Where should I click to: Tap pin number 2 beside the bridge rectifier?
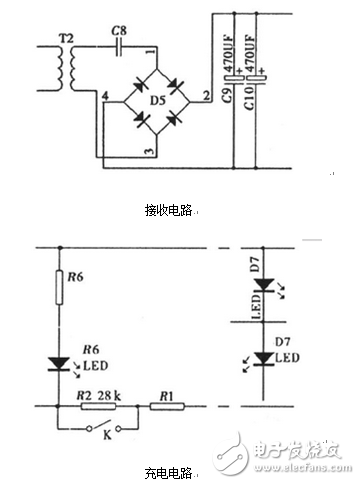click(204, 95)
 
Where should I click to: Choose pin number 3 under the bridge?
click(150, 151)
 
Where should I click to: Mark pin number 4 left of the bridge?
click(103, 95)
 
